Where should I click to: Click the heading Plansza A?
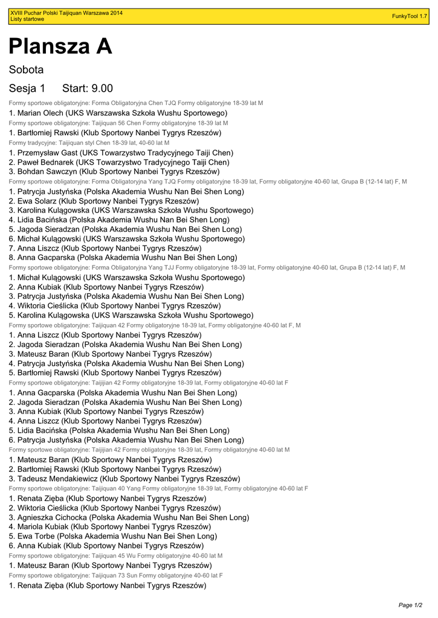[x=60, y=46]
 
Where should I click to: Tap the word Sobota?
[x=26, y=70]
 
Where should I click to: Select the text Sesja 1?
[x=27, y=89]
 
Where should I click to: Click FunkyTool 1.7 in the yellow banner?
[x=410, y=16]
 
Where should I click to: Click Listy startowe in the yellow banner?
[x=27, y=19]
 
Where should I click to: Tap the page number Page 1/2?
[x=410, y=605]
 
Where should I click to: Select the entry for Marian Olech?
[x=118, y=113]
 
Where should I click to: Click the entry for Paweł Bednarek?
[x=119, y=162]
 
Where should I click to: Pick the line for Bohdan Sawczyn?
[x=114, y=172]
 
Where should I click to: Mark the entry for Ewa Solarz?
[x=104, y=201]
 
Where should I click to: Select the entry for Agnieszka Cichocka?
[x=129, y=517]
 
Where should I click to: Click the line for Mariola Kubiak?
[x=110, y=527]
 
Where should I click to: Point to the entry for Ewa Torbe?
[x=113, y=536]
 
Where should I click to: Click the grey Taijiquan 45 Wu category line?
[x=115, y=555]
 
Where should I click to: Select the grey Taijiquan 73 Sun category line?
[x=115, y=575]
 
